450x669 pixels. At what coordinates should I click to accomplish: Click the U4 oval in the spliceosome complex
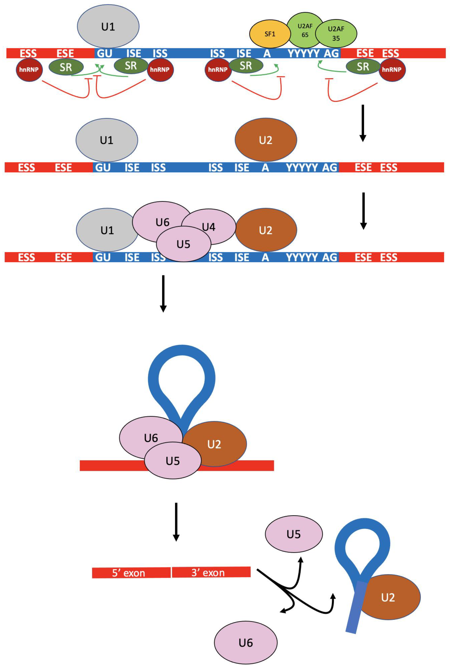pos(212,227)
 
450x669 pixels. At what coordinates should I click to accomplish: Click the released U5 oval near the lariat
pos(294,534)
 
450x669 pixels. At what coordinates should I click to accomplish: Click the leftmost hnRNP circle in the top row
pos(29,69)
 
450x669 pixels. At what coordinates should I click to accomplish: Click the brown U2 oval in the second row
pos(266,140)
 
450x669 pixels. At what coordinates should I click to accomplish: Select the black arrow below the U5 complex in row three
pos(163,293)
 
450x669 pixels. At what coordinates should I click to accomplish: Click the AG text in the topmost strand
pos(331,53)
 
